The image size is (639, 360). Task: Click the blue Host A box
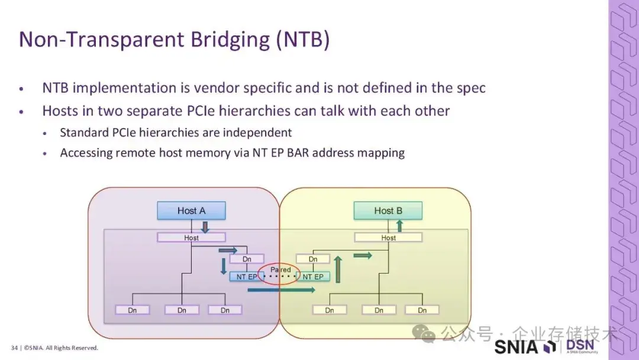[191, 211]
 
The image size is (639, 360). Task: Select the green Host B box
[388, 211]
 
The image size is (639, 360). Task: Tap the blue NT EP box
[247, 277]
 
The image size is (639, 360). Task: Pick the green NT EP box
[313, 277]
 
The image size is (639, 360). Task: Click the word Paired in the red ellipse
[280, 269]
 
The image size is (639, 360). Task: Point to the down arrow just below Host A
[205, 227]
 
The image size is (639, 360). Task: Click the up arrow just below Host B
[399, 226]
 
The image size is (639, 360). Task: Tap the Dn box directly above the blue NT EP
[247, 259]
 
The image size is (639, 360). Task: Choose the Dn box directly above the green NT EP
[313, 259]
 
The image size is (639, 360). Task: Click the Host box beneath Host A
[191, 237]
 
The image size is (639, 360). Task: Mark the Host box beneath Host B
[388, 237]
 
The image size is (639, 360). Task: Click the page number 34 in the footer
[14, 348]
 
